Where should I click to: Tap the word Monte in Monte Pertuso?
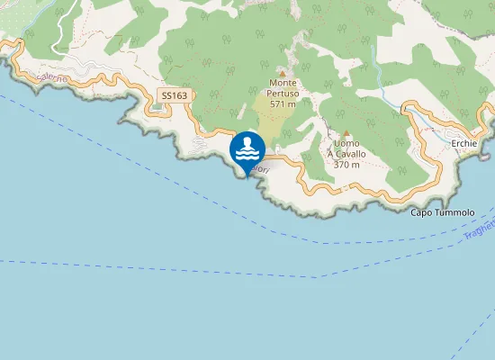tap(282, 83)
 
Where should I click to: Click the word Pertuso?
tap(282, 93)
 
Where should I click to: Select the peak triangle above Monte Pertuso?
tap(282, 73)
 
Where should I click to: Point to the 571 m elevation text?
tap(282, 103)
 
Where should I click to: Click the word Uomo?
tap(346, 144)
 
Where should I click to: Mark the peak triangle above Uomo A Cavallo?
tap(346, 133)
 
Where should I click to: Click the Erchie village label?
tap(464, 143)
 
